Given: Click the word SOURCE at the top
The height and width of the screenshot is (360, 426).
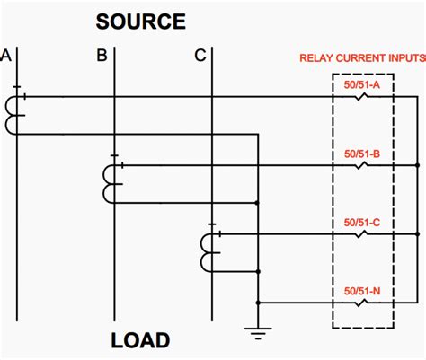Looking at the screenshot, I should tap(141, 22).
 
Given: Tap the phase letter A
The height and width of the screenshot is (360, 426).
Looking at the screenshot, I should tap(6, 57).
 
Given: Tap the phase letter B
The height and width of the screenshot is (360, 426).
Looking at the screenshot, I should tap(102, 57).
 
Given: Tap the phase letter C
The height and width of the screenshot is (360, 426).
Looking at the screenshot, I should tap(200, 57).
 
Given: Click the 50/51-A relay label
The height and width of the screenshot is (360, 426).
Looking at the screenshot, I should tap(362, 84).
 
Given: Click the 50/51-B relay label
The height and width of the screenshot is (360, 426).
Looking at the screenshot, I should tap(362, 154).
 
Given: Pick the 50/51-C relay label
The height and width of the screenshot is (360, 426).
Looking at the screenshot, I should tap(362, 222).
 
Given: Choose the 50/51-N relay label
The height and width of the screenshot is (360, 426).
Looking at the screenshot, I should tap(362, 290).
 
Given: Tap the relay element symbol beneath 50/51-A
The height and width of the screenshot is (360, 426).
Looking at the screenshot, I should tap(362, 97).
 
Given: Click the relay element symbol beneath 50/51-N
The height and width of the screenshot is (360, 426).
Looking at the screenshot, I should tap(362, 303).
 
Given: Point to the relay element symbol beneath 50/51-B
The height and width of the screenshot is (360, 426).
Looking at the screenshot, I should tap(362, 165).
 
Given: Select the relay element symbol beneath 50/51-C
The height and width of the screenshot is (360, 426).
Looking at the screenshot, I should tap(362, 234).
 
